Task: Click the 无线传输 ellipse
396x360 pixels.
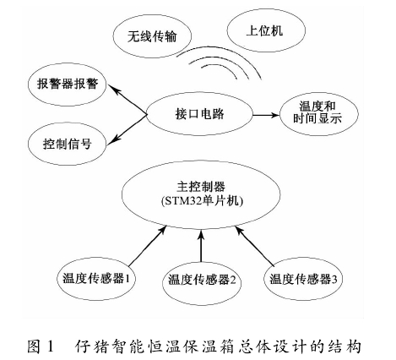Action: point(152,36)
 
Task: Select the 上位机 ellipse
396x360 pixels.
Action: point(266,30)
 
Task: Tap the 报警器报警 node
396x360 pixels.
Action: point(68,85)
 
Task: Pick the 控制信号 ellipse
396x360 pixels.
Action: point(68,144)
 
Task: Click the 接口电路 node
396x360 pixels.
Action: point(199,114)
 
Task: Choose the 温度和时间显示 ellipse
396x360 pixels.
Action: point(318,113)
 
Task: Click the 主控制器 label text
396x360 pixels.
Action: point(201,187)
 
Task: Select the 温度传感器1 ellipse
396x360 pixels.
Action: point(96,279)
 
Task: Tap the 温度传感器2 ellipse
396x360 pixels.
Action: point(202,280)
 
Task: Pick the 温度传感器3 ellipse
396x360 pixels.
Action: point(303,279)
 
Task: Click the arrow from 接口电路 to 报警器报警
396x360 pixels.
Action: point(127,100)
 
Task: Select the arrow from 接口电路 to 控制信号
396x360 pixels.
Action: point(127,129)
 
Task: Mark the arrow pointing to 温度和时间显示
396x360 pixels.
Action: point(266,115)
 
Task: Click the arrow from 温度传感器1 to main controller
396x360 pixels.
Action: point(147,246)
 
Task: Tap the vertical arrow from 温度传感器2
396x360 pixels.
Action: point(201,246)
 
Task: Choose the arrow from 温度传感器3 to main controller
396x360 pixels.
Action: point(254,246)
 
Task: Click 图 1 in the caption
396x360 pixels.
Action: point(40,346)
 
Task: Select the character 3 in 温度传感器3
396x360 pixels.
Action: point(334,280)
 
